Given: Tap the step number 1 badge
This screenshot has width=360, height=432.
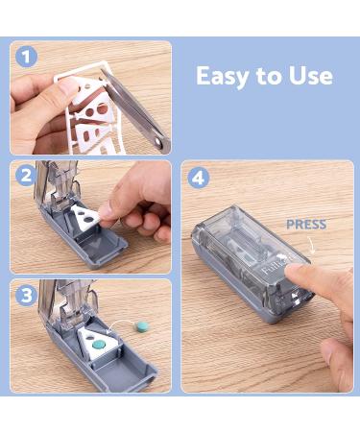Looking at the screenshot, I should (26, 57).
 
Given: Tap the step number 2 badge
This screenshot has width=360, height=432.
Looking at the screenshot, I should (26, 176).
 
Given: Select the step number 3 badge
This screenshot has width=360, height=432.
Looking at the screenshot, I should (26, 295).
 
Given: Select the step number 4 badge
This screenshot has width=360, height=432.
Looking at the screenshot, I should (198, 176).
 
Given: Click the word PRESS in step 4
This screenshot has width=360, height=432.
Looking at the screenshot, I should (306, 225).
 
